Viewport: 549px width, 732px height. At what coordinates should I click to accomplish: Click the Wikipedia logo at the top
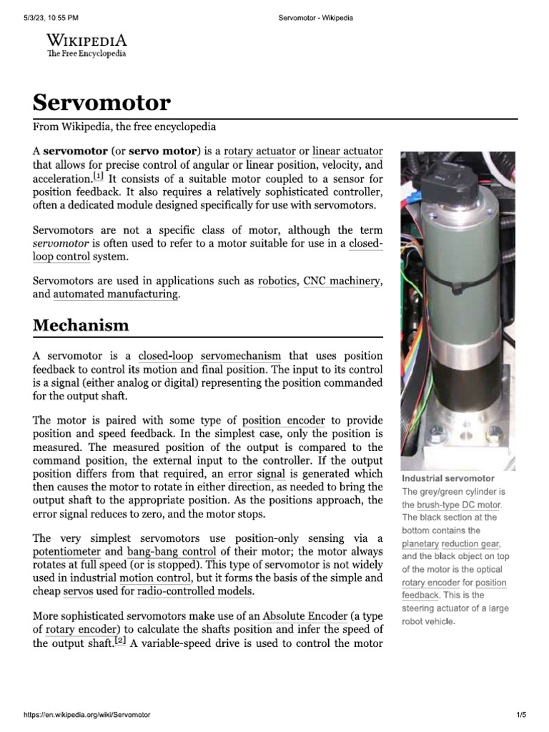(x=86, y=45)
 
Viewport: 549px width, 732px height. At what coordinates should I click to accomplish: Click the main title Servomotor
(x=102, y=103)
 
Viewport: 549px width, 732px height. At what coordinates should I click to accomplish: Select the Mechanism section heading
(x=81, y=325)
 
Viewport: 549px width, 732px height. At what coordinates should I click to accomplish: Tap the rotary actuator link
(x=249, y=152)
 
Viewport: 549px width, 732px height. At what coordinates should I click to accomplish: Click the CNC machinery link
(x=342, y=281)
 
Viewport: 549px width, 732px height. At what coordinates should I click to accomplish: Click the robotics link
(x=277, y=281)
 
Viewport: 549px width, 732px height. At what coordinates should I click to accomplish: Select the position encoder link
(x=283, y=420)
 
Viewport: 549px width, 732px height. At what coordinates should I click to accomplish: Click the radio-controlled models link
(x=194, y=591)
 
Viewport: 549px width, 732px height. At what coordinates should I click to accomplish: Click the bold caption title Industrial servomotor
(x=447, y=478)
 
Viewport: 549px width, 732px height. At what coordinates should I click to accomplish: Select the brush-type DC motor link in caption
(x=459, y=505)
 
